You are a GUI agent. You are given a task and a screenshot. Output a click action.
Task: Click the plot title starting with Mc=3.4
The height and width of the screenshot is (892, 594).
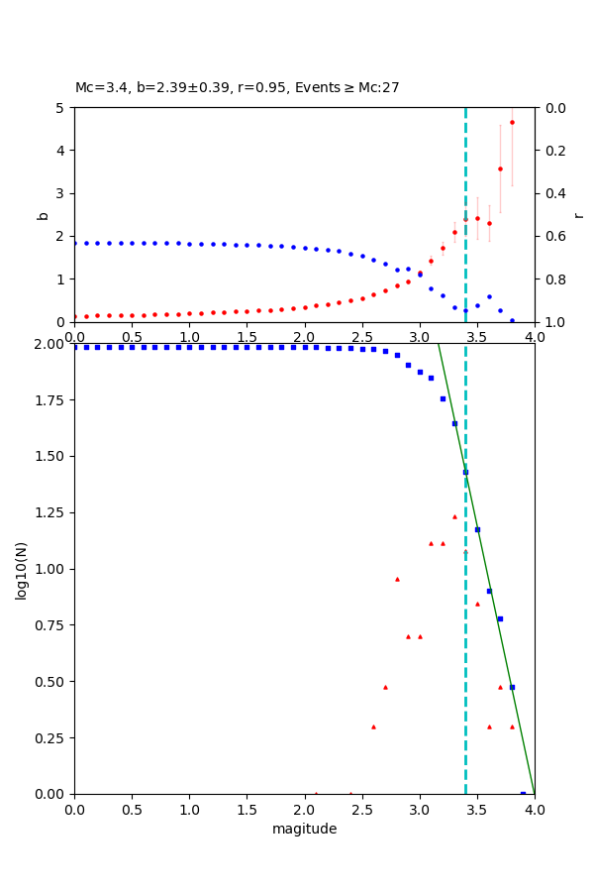pyautogui.click(x=238, y=87)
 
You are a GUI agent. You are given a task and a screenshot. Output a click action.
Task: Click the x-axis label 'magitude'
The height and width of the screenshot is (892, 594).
pyautogui.click(x=304, y=829)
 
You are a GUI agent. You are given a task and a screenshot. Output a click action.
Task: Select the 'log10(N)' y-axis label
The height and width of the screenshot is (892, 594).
pyautogui.click(x=21, y=569)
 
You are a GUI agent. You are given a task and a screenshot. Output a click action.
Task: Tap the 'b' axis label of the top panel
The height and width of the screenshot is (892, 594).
pyautogui.click(x=43, y=215)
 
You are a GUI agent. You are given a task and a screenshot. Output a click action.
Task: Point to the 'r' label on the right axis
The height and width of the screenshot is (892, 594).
pyautogui.click(x=579, y=215)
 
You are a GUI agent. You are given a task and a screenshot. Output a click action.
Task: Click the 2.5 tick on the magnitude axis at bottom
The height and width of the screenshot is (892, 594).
pyautogui.click(x=361, y=809)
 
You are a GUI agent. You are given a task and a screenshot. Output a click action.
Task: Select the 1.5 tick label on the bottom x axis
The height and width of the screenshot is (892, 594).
pyautogui.click(x=247, y=809)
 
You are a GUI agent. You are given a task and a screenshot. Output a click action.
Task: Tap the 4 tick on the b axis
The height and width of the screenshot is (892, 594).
pyautogui.click(x=62, y=151)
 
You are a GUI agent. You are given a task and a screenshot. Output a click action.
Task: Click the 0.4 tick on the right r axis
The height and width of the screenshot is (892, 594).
pyautogui.click(x=549, y=193)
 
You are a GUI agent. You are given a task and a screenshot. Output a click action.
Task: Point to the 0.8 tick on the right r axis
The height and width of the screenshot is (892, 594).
pyautogui.click(x=549, y=279)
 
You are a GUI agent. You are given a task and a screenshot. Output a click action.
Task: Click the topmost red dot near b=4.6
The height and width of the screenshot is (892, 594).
pyautogui.click(x=512, y=123)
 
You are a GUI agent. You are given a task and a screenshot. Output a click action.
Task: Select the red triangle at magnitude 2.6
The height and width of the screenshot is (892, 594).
pyautogui.click(x=373, y=726)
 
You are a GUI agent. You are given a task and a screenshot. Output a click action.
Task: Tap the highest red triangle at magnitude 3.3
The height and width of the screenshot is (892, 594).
pyautogui.click(x=454, y=516)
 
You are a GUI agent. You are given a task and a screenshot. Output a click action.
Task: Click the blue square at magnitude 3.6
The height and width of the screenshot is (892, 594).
pyautogui.click(x=489, y=591)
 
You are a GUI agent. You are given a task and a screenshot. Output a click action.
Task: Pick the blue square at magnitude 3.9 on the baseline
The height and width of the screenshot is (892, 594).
pyautogui.click(x=523, y=793)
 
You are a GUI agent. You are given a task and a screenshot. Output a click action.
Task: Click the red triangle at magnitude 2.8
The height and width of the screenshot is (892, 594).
pyautogui.click(x=397, y=579)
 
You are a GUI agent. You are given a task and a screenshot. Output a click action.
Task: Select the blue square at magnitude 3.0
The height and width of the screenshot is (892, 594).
pyautogui.click(x=420, y=372)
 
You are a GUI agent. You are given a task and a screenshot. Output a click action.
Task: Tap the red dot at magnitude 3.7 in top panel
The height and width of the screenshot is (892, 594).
pyautogui.click(x=500, y=168)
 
